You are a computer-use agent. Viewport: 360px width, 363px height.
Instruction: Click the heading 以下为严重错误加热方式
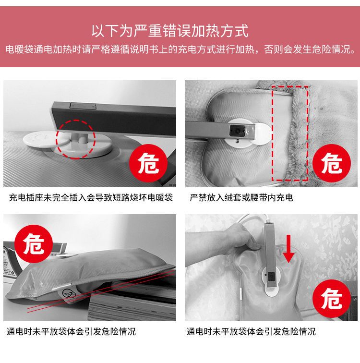tap(170, 31)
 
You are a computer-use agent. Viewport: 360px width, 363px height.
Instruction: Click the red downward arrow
tap(288, 249)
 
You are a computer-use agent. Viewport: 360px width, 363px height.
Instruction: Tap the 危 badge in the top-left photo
tap(148, 163)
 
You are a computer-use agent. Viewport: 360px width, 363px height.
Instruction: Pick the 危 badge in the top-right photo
tap(332, 163)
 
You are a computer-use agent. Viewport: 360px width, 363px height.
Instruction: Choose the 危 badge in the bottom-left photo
tap(34, 244)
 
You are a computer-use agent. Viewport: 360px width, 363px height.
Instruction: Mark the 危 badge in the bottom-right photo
tap(332, 299)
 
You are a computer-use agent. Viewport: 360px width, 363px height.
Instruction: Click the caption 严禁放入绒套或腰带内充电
tap(241, 198)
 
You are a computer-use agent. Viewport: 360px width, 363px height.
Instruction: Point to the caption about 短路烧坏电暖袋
tap(91, 198)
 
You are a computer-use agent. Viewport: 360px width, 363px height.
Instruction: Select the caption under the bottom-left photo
tap(71, 331)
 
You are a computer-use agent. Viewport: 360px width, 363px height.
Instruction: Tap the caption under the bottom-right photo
tap(251, 331)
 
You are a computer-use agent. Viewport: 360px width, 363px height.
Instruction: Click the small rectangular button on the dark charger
tap(83, 106)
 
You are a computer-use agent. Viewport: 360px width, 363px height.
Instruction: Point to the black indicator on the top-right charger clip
tap(237, 131)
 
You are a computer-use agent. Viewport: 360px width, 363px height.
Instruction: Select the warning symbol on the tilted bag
tap(70, 294)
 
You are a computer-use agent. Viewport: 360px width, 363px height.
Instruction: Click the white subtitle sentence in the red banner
tap(180, 49)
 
